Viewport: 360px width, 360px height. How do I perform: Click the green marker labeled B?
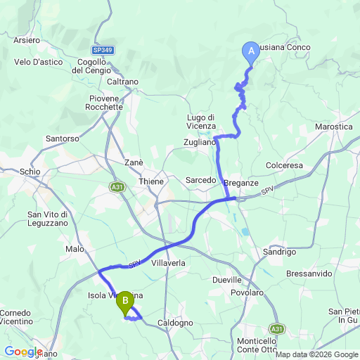(125, 302)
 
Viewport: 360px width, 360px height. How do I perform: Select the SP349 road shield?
(102, 51)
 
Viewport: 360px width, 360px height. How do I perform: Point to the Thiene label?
(150, 181)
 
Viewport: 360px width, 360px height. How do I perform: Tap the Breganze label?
(241, 183)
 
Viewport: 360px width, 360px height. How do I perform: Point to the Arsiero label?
(27, 40)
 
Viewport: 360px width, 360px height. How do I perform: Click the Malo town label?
(75, 249)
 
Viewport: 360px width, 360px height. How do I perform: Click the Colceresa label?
(284, 165)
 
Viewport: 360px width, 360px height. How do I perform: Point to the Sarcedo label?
(200, 181)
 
